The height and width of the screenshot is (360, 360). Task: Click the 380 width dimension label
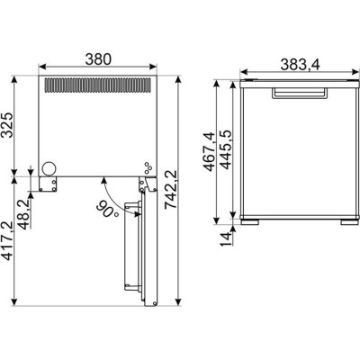[98, 59]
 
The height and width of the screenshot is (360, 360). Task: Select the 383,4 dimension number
[301, 64]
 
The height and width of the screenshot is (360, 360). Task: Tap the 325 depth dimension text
[7, 125]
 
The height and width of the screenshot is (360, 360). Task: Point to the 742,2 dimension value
[172, 189]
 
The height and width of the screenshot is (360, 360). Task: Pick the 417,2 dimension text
[7, 240]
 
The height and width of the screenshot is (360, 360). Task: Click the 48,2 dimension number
[23, 213]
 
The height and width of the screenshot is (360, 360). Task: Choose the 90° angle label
[107, 210]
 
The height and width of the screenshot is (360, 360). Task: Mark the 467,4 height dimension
[210, 151]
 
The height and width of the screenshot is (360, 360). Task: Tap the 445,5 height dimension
[225, 149]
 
